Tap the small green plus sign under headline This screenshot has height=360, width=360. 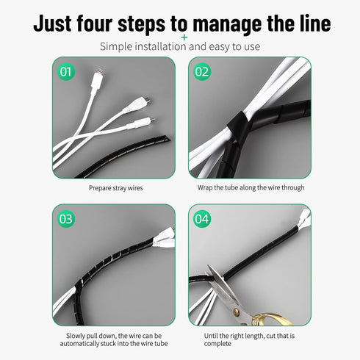(184, 37)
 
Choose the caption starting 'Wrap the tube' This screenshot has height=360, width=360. (251, 188)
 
